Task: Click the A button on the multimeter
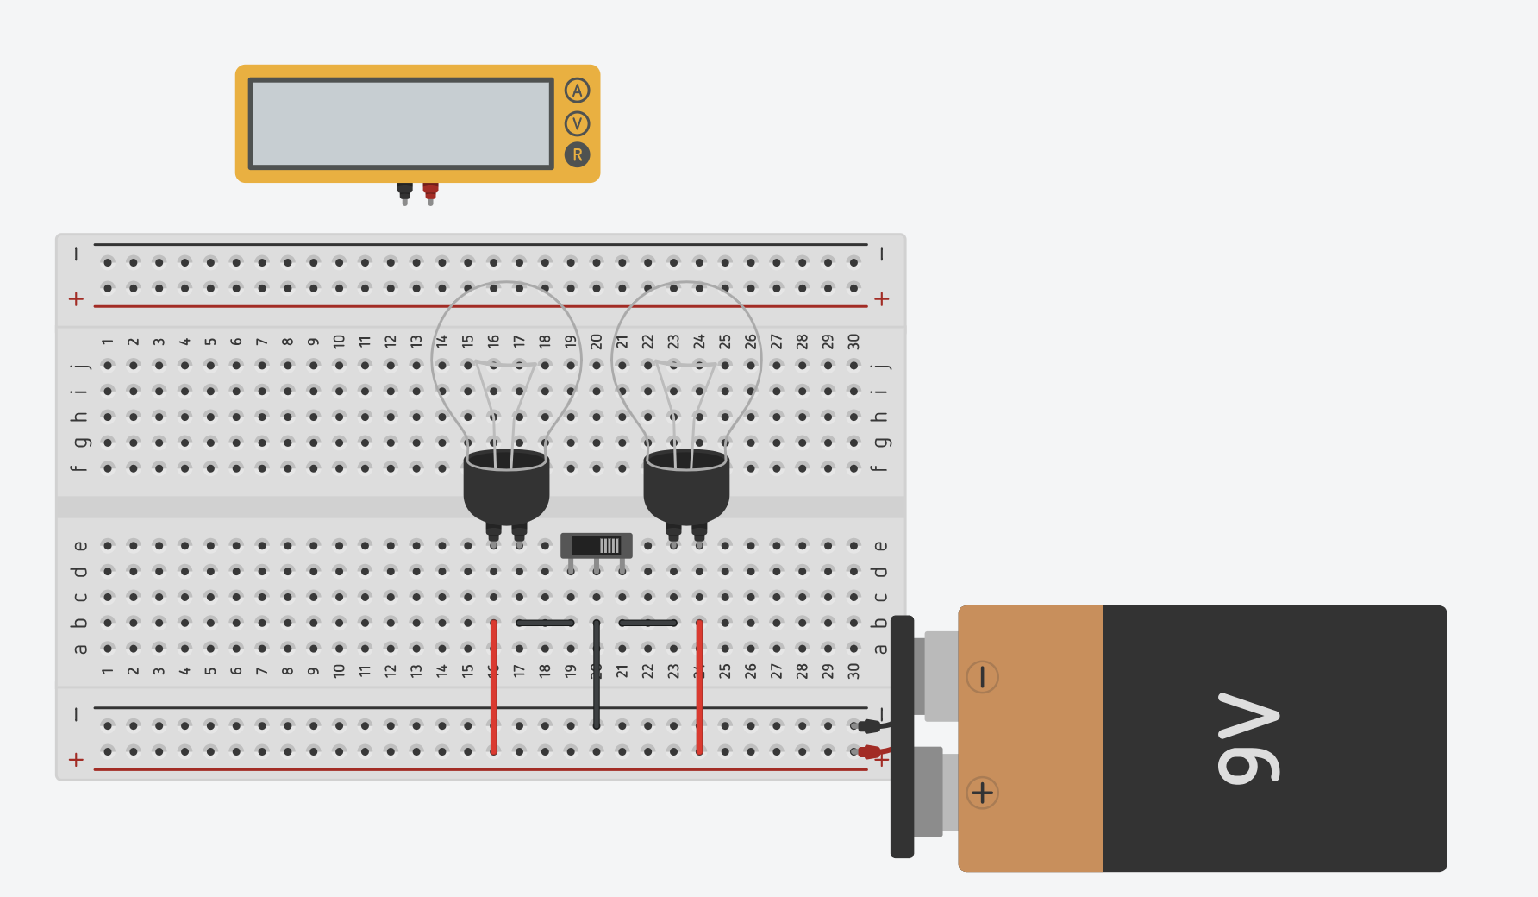pos(577,91)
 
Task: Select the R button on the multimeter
pos(577,155)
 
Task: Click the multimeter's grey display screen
pos(401,123)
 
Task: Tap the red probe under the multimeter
pos(430,191)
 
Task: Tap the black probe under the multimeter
pos(404,191)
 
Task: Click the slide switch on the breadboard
pos(597,546)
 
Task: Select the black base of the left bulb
pos(506,487)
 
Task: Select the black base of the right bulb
pos(686,487)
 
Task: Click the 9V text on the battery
pos(1247,738)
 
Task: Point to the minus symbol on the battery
pos(982,677)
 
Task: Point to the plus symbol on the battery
pos(982,793)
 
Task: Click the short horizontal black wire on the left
pos(545,623)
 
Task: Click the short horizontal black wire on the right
pos(647,623)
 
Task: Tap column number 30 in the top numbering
pos(853,342)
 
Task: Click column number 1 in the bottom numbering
pos(108,671)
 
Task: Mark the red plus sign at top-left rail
pos(76,299)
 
